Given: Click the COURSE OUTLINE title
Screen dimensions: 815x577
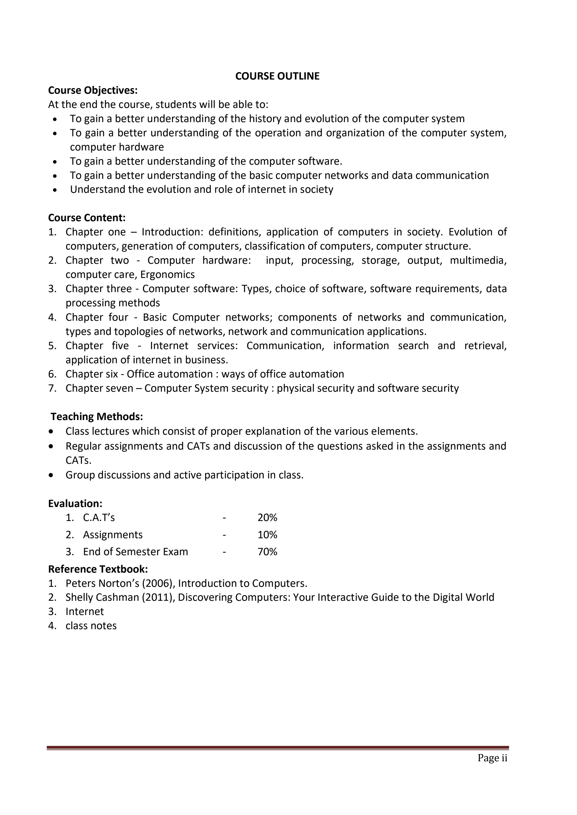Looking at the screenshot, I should [x=277, y=76].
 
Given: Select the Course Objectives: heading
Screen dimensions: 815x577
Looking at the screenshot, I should [x=93, y=90].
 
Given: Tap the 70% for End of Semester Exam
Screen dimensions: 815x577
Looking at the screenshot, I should [x=267, y=552].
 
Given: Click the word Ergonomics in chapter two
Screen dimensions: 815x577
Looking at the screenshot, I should [x=167, y=274].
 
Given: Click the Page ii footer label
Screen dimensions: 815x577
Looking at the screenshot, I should [x=492, y=758].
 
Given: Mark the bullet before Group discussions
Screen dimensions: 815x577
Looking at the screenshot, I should [x=52, y=475].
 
